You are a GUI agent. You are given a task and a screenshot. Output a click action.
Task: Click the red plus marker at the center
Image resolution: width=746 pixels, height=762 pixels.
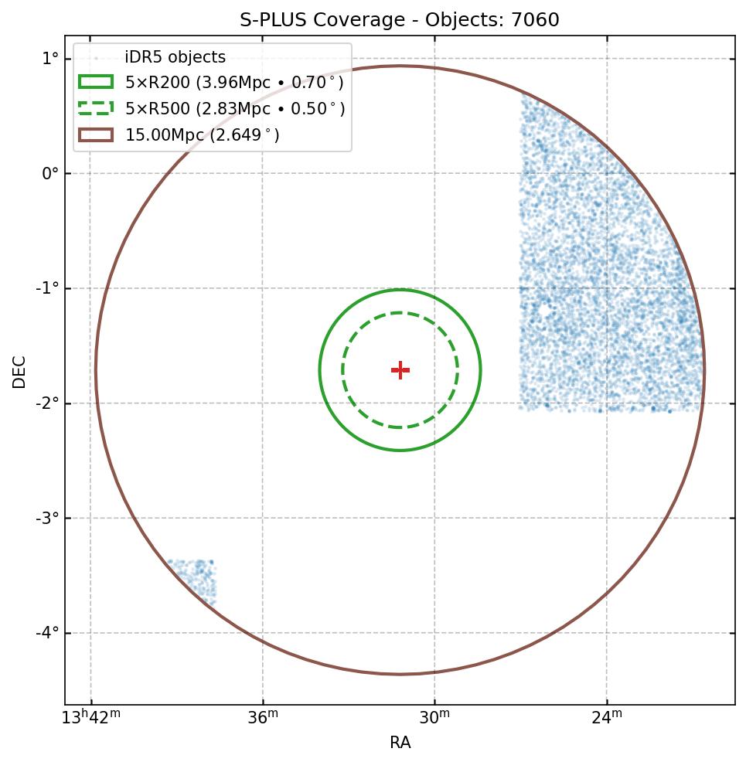400,370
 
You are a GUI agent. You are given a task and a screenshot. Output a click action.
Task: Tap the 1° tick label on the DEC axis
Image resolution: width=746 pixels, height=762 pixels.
50,58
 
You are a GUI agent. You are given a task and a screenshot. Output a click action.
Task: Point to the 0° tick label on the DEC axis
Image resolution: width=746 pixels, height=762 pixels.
50,173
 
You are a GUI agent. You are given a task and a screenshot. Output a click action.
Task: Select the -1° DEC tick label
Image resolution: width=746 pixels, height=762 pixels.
48,288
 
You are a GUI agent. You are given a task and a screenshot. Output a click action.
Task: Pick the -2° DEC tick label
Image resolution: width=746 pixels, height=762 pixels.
48,403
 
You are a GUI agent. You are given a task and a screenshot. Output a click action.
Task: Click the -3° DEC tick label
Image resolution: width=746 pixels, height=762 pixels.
48,518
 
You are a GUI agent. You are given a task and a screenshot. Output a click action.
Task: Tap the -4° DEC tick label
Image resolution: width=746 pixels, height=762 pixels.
48,633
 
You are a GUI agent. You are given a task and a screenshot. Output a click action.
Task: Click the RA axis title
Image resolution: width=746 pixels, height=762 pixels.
400,743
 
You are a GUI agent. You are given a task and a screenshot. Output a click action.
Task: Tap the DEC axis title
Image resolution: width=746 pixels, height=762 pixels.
19,371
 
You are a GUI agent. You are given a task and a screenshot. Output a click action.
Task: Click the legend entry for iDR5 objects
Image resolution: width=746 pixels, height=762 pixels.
175,57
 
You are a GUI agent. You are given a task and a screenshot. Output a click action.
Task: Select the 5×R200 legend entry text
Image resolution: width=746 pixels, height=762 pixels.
234,83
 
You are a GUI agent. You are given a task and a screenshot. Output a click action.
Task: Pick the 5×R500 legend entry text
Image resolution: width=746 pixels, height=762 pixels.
234,109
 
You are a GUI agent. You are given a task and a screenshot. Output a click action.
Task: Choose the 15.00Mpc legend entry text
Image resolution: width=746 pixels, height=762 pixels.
202,135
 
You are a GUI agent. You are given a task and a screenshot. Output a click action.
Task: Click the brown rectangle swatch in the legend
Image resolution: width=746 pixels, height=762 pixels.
96,135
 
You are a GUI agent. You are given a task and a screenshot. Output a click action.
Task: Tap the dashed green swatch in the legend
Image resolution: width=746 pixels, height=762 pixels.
96,109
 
